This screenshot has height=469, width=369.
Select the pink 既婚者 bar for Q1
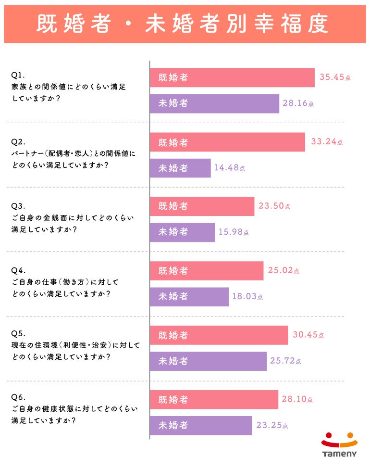click(x=232, y=77)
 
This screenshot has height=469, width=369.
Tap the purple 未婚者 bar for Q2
click(x=180, y=168)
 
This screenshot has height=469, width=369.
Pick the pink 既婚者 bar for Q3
click(x=202, y=206)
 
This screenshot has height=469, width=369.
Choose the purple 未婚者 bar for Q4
click(x=189, y=297)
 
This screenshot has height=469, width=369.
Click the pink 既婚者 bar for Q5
click(x=219, y=335)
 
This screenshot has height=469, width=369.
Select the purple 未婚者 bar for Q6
click(x=201, y=426)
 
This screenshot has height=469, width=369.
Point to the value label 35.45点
click(x=335, y=77)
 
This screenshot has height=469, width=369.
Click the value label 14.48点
click(x=230, y=168)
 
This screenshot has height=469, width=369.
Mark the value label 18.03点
click(x=247, y=297)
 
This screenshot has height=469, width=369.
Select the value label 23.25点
click(x=272, y=426)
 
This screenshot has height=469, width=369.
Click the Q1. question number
click(x=18, y=75)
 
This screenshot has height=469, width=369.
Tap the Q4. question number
click(x=18, y=270)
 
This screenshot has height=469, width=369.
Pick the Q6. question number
click(x=18, y=397)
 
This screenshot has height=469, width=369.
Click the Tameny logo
click(x=339, y=444)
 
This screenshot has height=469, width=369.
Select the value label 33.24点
click(x=327, y=142)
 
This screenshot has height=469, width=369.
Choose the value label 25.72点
click(x=286, y=361)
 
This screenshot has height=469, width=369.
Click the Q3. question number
click(x=18, y=205)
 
